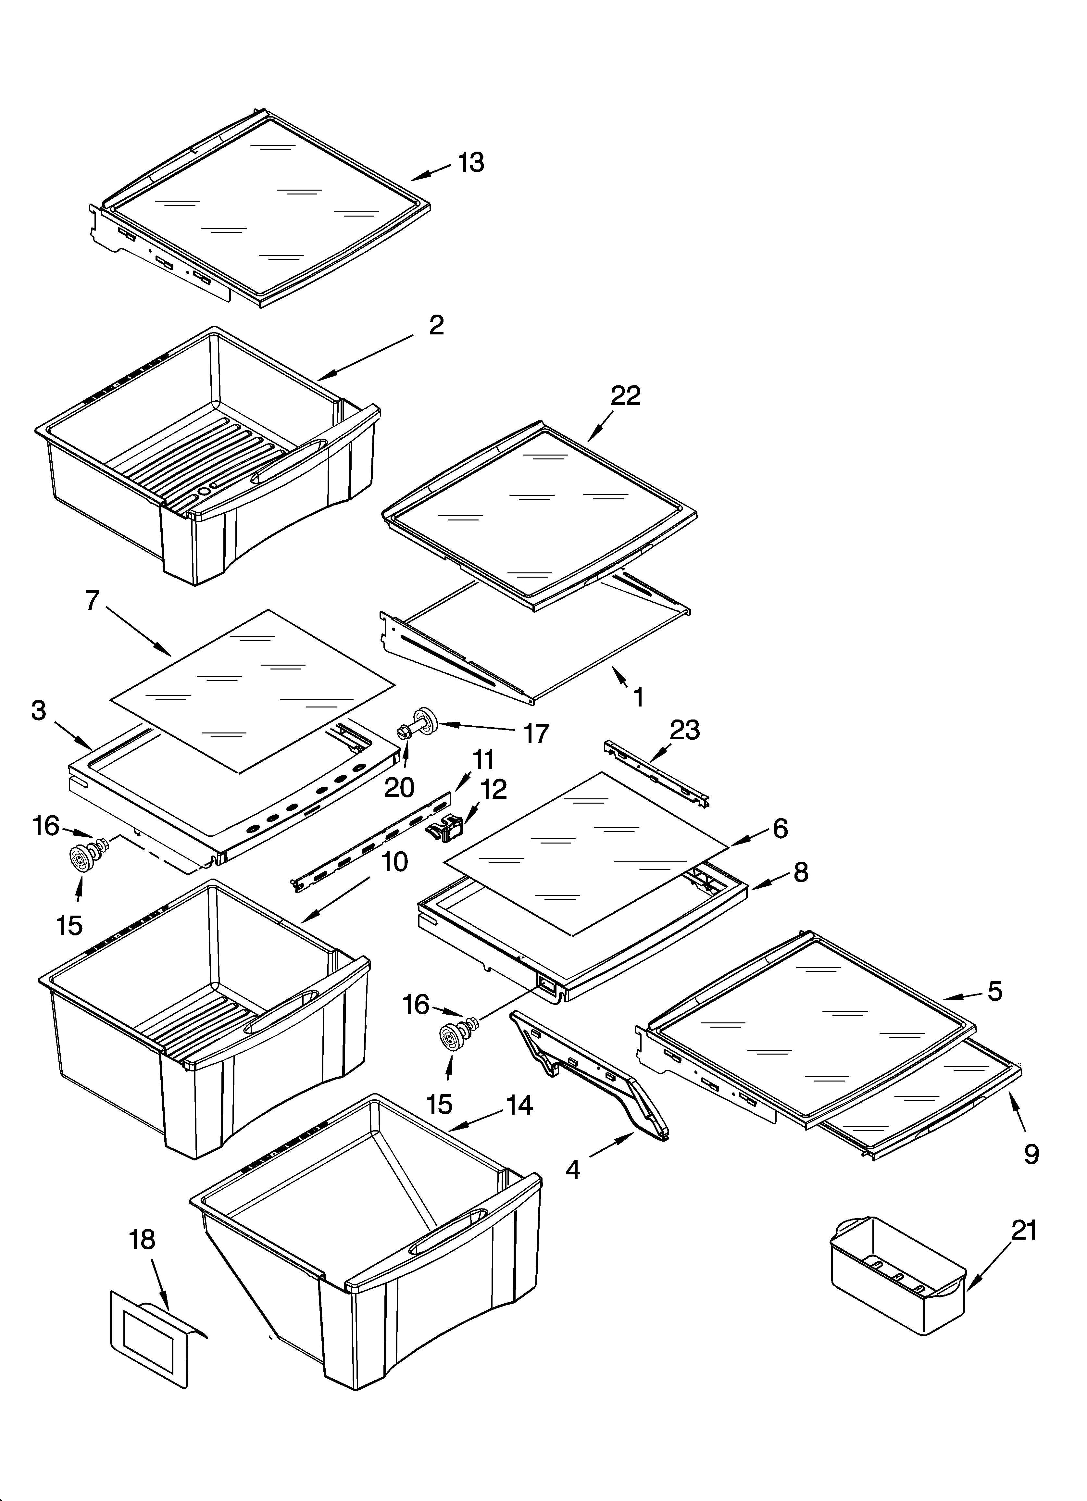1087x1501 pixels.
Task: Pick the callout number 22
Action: (626, 396)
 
